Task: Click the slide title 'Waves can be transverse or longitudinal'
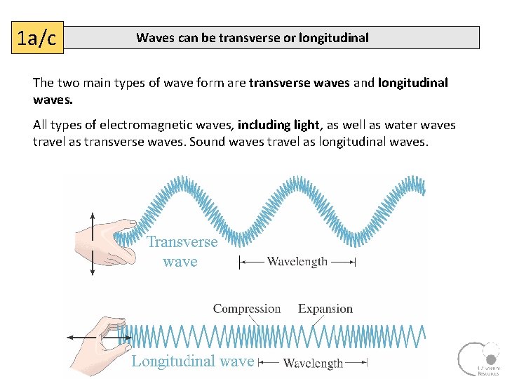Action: pyautogui.click(x=252, y=38)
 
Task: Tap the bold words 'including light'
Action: pyautogui.click(x=278, y=125)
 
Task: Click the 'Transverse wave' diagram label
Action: pyautogui.click(x=182, y=252)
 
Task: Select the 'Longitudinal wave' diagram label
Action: pyautogui.click(x=192, y=361)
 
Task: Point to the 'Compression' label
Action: pyautogui.click(x=246, y=309)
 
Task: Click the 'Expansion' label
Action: pyautogui.click(x=325, y=309)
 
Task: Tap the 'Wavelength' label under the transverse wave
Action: pyautogui.click(x=297, y=262)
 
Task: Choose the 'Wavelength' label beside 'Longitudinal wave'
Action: pyautogui.click(x=313, y=363)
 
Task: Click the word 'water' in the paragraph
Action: pyautogui.click(x=385, y=125)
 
